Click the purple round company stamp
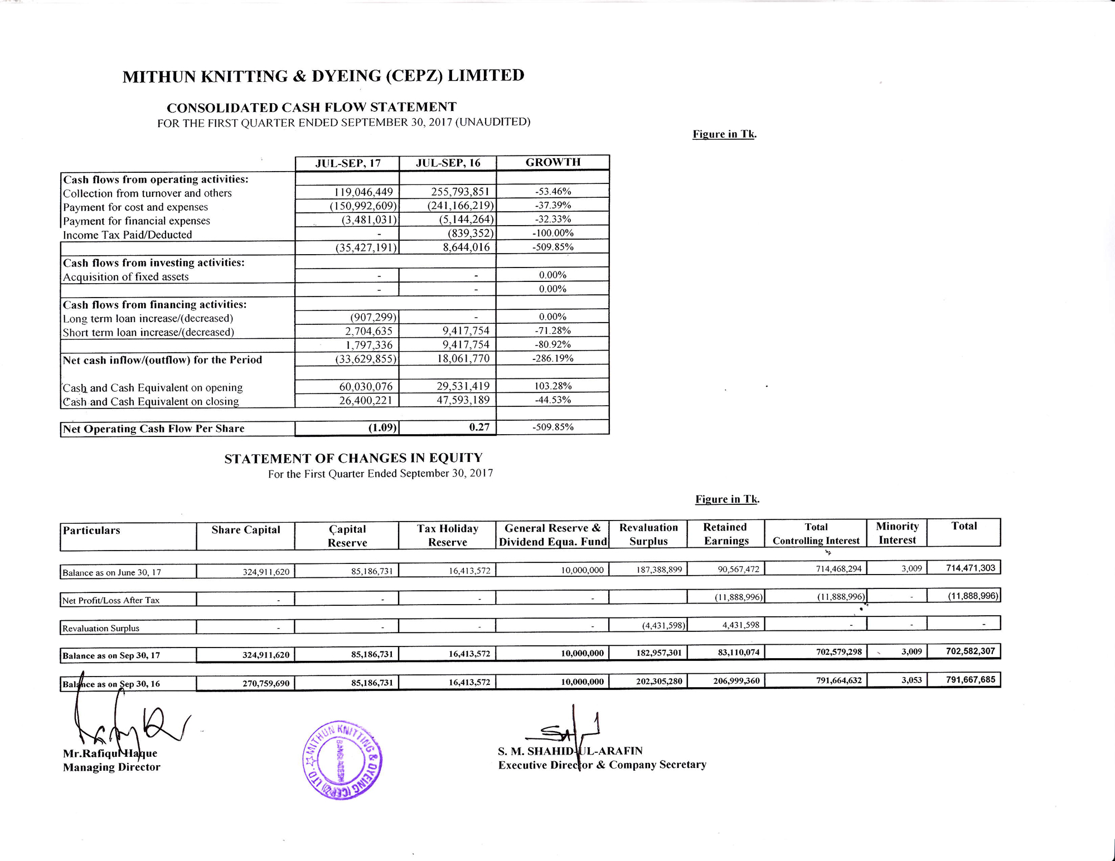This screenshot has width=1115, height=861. point(342,761)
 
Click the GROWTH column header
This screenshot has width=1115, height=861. point(552,162)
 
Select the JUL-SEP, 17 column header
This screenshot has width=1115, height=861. point(347,163)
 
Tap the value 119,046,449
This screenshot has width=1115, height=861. point(363,192)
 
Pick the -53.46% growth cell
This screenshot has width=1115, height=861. point(552,191)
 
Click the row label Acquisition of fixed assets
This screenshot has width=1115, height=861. point(125,277)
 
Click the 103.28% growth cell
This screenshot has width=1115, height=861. point(552,386)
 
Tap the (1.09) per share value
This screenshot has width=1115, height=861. point(382,428)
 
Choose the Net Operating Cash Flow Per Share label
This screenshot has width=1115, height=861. point(153,429)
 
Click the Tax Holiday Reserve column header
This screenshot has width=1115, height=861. point(447,535)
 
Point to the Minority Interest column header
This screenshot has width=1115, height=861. point(897,533)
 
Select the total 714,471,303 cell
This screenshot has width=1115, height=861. point(970,568)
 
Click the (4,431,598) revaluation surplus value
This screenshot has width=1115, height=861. point(663,625)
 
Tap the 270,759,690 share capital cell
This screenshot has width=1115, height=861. point(265,683)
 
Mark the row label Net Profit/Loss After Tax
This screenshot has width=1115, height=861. point(111,600)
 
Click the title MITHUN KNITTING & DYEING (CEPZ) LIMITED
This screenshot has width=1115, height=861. point(323,76)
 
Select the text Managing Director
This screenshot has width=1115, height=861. point(111,767)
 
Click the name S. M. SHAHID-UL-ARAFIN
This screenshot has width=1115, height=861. point(570,751)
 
